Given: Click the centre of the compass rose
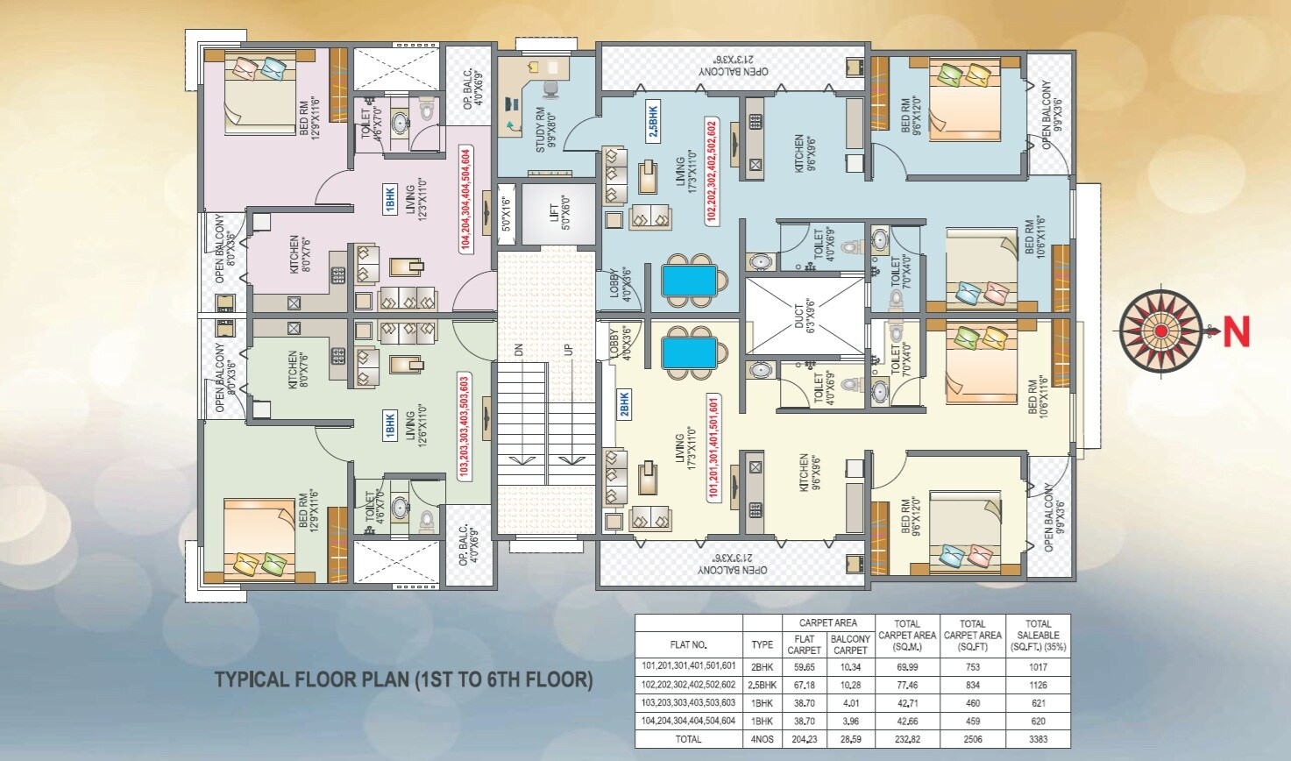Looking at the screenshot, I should [x=1160, y=331].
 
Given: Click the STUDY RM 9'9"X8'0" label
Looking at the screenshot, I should [x=545, y=130].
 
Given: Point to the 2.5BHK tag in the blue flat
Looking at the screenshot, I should [x=653, y=121].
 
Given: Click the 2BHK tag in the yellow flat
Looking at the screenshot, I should [x=625, y=404].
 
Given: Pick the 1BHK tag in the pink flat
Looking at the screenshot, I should [x=390, y=200].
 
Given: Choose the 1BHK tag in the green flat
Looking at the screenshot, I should [x=390, y=425].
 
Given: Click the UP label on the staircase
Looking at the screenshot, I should [x=569, y=349].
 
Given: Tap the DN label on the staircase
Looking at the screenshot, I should [x=519, y=349].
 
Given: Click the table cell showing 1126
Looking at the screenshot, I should [x=1038, y=685].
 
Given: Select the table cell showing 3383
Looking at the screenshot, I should [x=1038, y=739].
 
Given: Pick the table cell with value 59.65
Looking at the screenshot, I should [x=804, y=667].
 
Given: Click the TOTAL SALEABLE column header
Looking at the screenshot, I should [x=1038, y=636].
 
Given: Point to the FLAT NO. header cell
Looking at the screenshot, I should [x=688, y=644].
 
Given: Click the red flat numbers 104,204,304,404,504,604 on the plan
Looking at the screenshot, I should [x=465, y=201].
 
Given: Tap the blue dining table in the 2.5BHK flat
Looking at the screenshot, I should [x=689, y=281].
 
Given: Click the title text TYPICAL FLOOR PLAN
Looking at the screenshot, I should [x=404, y=679].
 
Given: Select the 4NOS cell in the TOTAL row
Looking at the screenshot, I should [x=762, y=739].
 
